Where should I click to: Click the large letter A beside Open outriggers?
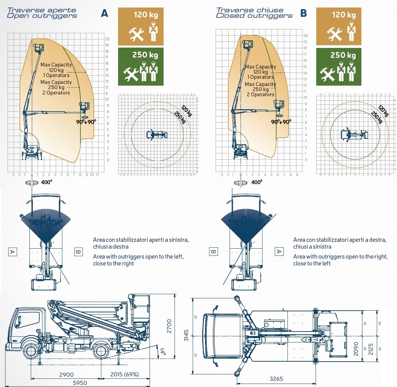pos(104,13)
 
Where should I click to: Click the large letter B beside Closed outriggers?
pos(303,13)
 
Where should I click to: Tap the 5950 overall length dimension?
pos(80,383)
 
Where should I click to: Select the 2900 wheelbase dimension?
pos(66,374)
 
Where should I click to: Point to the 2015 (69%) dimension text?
pos(125,374)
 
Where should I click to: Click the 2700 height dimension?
pos(169,326)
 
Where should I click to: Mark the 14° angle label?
pos(163,351)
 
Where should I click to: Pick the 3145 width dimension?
pos(187,336)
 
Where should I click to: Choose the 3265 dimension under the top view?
pos(276,378)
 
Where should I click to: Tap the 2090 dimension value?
pos(356,349)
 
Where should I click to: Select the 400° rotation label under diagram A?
pos(47,182)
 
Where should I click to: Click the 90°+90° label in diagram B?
pos(281,122)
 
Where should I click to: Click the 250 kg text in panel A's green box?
pos(145,55)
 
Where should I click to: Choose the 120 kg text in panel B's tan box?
pos(344,15)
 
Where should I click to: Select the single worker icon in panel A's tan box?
pos(153,32)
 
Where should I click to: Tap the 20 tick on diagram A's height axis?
pos(107,39)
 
